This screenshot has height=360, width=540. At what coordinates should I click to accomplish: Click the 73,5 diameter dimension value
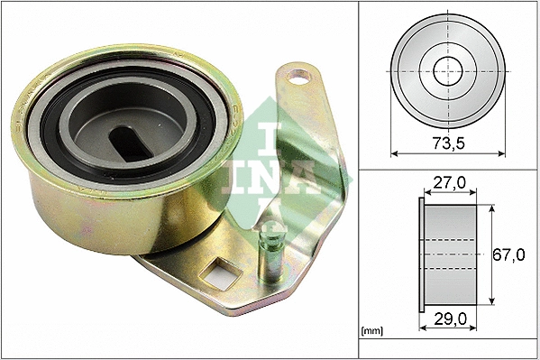click(447, 143)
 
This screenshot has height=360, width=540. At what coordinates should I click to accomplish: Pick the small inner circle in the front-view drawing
click(446, 69)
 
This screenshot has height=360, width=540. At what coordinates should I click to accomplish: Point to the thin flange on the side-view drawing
click(421, 255)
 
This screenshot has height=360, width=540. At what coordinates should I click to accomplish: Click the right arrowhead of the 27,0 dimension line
click(476, 193)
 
